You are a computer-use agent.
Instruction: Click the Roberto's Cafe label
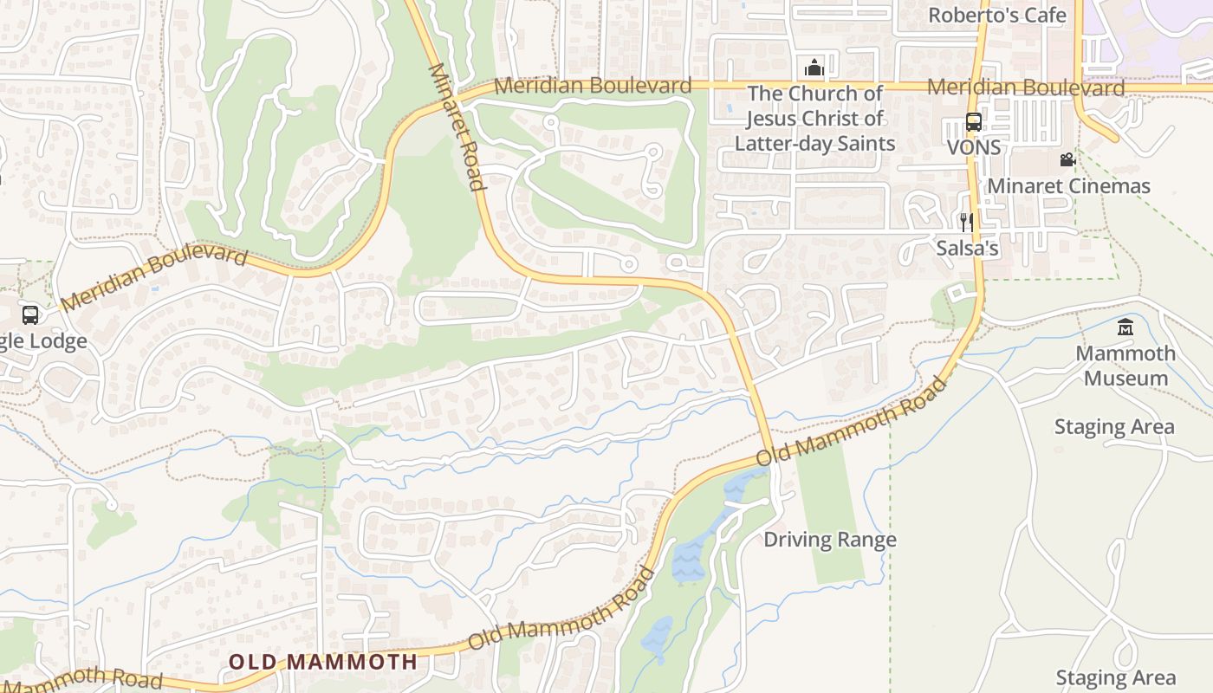997,15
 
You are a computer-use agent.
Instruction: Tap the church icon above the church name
814,68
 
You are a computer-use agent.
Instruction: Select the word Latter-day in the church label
785,143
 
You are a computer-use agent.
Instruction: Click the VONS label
973,147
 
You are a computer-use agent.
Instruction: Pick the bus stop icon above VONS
973,122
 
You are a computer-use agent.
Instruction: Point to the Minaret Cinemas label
1068,185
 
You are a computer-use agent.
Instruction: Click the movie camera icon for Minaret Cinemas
1067,160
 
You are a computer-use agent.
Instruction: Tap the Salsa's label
967,249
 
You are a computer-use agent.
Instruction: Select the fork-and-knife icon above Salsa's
966,223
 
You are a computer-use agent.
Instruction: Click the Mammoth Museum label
1125,366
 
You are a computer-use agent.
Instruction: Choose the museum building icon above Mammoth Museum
1125,327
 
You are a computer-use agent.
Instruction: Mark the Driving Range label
829,540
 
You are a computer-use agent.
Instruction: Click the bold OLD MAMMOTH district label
322,662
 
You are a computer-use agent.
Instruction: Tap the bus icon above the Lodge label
30,314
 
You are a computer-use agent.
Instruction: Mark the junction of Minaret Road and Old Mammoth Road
769,454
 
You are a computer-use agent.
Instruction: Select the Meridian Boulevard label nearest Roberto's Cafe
1026,87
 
